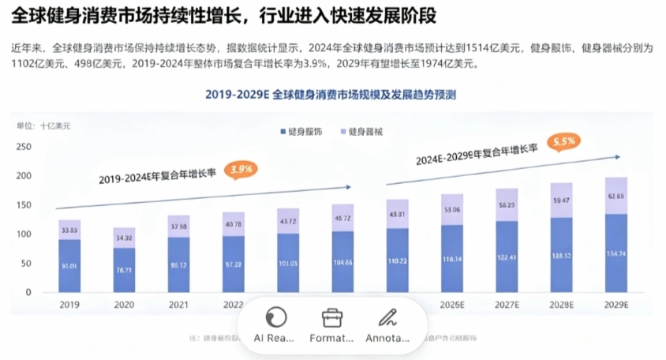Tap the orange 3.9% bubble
click(x=241, y=169)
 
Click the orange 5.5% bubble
click(x=563, y=142)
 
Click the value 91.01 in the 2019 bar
click(x=69, y=266)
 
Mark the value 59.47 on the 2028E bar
click(x=561, y=212)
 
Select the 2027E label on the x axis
click(x=506, y=303)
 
